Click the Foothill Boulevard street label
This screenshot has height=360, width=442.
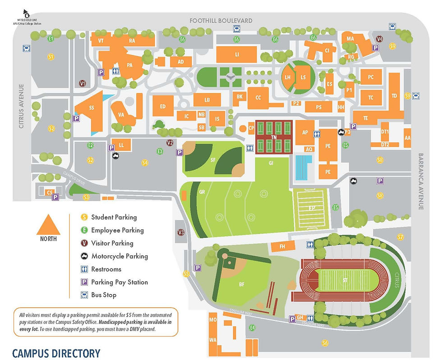coord(220,21)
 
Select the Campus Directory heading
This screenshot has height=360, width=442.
coord(56,353)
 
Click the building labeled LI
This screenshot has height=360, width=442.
coord(237,55)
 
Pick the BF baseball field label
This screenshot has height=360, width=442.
coord(242,284)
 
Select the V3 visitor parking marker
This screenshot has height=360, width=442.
coord(181,232)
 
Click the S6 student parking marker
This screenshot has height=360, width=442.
coord(325,343)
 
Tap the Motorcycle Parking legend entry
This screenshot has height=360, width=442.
coord(120,256)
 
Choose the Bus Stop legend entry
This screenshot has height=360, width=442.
coord(104,295)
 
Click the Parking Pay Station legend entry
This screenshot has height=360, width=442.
coord(120,283)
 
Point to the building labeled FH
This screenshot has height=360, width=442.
coord(282,246)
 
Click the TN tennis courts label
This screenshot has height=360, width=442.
coord(273,137)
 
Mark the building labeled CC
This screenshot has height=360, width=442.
coord(258,98)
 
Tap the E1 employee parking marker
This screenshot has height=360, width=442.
coord(51,39)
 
